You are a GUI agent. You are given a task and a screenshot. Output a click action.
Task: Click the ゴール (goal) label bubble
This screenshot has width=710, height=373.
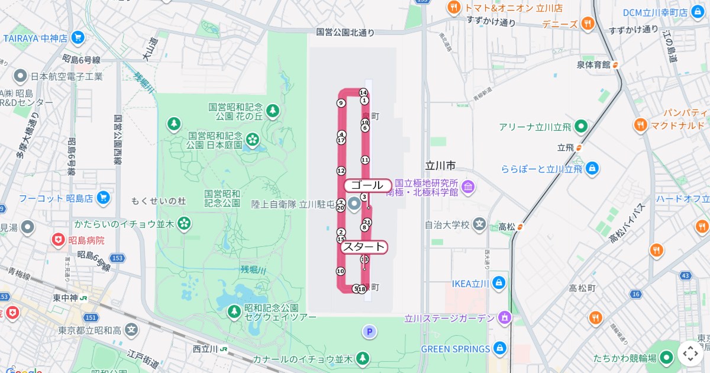tap(367, 185)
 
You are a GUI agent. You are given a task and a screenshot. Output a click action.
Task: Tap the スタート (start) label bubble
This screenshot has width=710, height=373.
tap(364, 247)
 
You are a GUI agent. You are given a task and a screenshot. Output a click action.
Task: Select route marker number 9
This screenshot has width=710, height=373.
tap(341, 103)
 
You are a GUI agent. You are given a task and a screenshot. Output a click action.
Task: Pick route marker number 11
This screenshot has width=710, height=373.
tap(364, 160)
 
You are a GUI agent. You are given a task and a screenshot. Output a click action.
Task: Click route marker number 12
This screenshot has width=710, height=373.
tap(341, 171)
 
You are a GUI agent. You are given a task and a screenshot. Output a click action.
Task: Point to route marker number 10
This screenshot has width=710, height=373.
tap(340, 271)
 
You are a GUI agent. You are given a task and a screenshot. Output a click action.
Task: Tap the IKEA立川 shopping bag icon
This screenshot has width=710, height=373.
tap(499, 282)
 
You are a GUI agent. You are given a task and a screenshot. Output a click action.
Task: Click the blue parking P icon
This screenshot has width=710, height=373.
tap(370, 332)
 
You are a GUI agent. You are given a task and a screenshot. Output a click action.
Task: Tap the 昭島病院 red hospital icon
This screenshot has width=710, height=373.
tap(58, 240)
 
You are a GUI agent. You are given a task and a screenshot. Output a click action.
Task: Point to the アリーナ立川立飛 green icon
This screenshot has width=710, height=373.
tap(581, 126)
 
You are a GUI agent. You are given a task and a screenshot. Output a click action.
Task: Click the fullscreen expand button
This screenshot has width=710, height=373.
tap(690, 353)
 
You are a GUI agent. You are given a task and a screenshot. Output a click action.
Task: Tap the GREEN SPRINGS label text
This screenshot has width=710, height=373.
tap(455, 349)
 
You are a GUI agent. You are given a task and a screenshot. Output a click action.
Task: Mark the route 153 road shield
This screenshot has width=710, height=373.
tap(118, 258)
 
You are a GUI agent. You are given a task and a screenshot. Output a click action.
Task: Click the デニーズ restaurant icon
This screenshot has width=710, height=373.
tap(588, 24)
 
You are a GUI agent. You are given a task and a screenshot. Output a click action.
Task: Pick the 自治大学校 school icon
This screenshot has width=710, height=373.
tap(479, 224)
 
